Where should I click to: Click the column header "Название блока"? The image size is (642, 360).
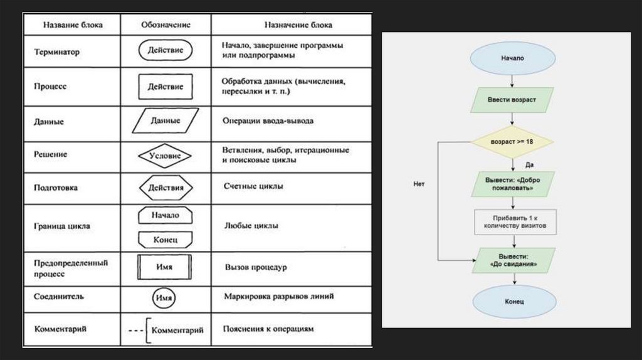[73, 26]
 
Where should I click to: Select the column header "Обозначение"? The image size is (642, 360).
[166, 26]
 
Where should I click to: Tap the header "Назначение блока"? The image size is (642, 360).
[290, 26]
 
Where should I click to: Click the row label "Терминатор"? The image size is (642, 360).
[57, 53]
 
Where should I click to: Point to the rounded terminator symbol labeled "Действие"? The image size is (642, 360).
[166, 51]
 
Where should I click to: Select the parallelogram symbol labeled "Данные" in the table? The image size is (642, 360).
[166, 120]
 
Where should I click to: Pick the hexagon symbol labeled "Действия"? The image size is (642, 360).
[166, 188]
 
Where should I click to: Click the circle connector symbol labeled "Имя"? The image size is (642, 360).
[165, 297]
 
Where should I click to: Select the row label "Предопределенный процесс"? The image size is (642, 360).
[71, 268]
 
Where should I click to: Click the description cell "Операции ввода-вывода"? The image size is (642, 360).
[268, 121]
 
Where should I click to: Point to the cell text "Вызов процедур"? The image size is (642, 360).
[256, 267]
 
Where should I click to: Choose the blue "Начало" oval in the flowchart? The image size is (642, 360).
[512, 58]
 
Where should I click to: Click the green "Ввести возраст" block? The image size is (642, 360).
[512, 99]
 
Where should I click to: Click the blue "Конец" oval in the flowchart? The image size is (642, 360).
[513, 302]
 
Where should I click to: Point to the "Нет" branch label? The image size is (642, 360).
[419, 184]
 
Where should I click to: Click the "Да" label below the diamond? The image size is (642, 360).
[529, 164]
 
